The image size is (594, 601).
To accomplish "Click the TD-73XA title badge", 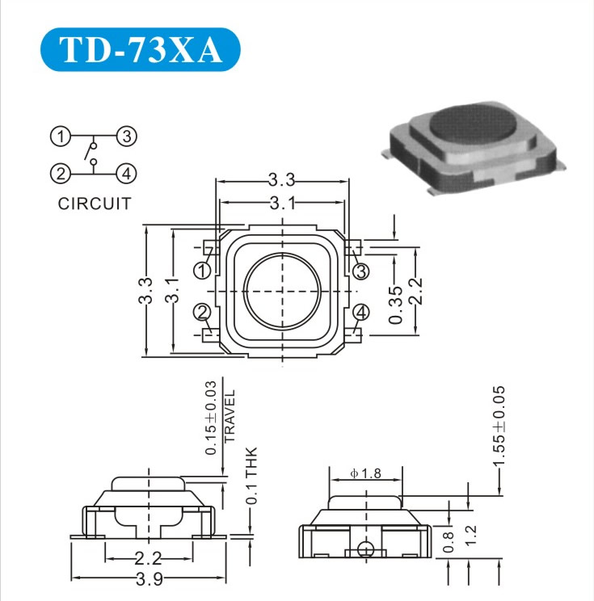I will (141, 50).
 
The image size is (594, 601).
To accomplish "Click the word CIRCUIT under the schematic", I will (94, 204).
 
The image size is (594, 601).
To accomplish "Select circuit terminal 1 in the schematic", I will (59, 137).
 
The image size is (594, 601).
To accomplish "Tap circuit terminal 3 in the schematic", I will (126, 137).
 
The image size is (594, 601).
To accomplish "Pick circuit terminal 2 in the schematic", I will (59, 172).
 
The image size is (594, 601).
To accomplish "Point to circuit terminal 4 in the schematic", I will (126, 172).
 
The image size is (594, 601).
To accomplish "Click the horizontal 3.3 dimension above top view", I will (282, 180).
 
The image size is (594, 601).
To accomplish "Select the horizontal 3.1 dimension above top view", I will (282, 203).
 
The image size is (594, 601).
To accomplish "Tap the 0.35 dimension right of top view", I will (396, 304).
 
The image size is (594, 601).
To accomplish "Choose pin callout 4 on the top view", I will (361, 312).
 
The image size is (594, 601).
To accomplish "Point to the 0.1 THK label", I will (251, 476).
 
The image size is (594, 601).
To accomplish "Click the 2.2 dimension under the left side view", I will (148, 557).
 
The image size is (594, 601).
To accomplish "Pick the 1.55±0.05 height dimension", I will (499, 425).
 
